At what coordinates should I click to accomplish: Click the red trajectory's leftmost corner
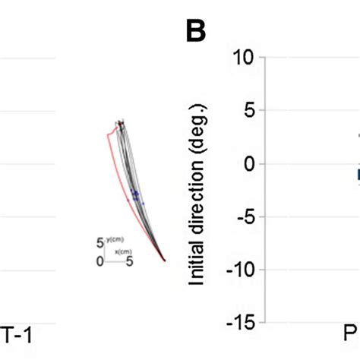click(x=108, y=134)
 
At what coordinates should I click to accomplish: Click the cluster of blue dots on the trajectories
click(x=135, y=195)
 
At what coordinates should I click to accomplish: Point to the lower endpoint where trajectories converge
click(x=165, y=261)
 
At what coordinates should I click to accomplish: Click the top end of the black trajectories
click(x=121, y=122)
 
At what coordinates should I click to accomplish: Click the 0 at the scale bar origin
click(x=100, y=261)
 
